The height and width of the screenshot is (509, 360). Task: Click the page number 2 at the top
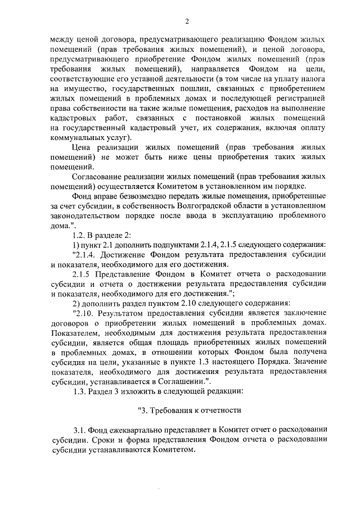(187, 21)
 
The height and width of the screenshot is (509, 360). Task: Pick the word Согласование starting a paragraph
(101, 175)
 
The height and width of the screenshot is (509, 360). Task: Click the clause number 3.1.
(80, 430)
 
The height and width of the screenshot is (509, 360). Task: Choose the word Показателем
(76, 332)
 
